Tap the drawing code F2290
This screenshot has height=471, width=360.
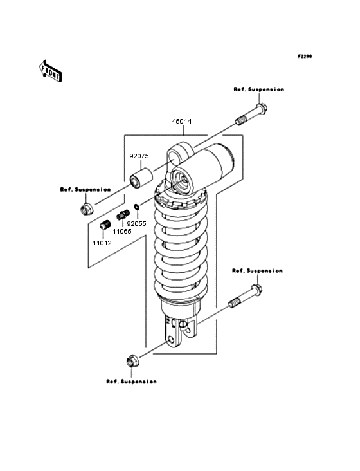[304, 57]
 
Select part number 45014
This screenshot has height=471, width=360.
[181, 121]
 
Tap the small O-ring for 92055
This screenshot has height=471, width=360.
[136, 208]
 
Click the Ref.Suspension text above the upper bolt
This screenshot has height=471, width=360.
[258, 89]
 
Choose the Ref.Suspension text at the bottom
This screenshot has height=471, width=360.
[131, 382]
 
